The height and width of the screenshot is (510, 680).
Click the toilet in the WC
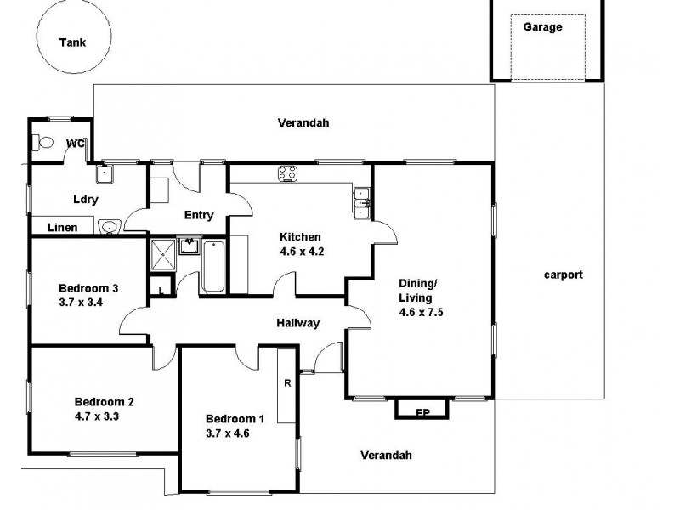point(43,144)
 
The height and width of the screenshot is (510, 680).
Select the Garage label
point(542,27)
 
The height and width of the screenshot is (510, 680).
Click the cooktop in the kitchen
point(287,174)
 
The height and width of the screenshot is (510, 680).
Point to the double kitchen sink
point(362,201)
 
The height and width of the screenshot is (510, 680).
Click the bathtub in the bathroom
point(213,266)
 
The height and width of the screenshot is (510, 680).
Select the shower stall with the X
point(161,254)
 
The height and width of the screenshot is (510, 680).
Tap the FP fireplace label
point(422,413)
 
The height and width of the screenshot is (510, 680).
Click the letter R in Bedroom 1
point(287,382)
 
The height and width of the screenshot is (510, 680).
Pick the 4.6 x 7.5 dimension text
point(422,312)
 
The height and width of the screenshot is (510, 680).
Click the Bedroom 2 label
point(104,403)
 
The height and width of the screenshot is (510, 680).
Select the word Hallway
point(297,323)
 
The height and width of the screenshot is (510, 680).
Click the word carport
point(563,275)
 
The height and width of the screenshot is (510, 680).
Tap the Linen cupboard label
point(63,228)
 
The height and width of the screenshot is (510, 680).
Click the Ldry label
point(86,200)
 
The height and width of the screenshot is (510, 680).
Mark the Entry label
point(198,215)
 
